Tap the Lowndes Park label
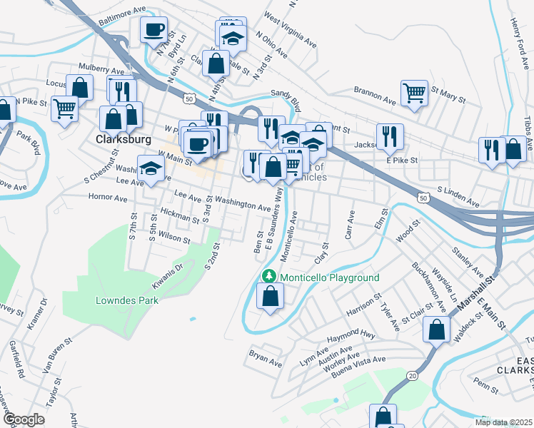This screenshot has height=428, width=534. (x=127, y=300)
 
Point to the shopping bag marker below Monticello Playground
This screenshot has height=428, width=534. (x=270, y=297)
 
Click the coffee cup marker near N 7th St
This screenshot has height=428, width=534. (x=153, y=31)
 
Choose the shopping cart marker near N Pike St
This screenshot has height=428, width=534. (x=65, y=109)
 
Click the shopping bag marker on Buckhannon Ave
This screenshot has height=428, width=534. (x=436, y=330)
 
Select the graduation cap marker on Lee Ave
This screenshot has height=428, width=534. (x=151, y=168)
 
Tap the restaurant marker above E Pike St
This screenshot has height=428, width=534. (x=390, y=136)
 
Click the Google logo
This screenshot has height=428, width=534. (x=24, y=419)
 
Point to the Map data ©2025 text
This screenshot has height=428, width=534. (x=503, y=422)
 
